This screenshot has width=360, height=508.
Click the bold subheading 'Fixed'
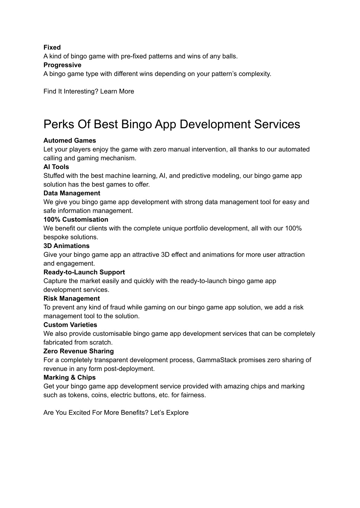coord(52,47)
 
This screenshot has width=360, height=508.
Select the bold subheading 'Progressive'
coord(62,65)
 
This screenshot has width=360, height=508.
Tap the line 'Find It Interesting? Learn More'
coord(89,91)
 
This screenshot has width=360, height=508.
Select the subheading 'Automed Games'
coord(70,141)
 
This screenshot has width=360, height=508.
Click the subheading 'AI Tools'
coord(56,167)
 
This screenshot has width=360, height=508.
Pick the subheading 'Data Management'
coord(72,193)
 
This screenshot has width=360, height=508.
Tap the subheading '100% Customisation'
coord(76,220)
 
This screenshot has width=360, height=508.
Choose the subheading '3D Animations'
coord(66,246)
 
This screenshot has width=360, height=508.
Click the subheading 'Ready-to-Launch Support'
coord(84,272)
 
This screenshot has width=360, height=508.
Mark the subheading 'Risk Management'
coord(72,299)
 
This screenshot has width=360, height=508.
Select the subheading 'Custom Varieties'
coord(70,325)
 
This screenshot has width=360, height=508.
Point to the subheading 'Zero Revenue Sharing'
coord(79,351)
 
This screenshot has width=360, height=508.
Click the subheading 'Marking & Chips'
coord(70,378)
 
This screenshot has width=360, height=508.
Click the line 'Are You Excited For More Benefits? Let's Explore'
coord(116,413)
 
